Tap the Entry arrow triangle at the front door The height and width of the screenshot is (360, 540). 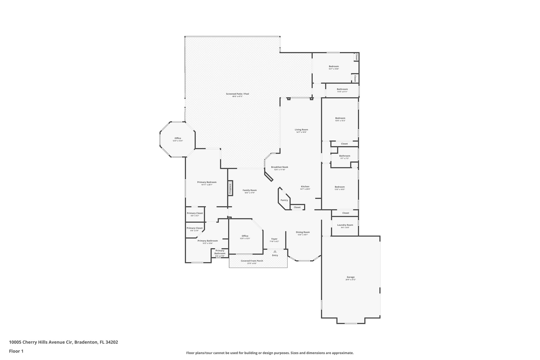click(275, 252)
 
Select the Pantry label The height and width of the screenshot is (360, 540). click(284, 200)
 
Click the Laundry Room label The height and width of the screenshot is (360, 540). click(345, 225)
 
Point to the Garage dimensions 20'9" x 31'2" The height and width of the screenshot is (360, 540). click(350, 280)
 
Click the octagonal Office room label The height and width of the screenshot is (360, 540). click(178, 138)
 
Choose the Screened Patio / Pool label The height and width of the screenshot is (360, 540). click(237, 94)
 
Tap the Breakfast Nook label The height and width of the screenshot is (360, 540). click(279, 167)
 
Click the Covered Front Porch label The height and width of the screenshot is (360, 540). click(252, 261)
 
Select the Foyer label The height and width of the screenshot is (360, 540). click(274, 239)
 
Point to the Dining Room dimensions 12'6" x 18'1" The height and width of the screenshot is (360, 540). click(302, 235)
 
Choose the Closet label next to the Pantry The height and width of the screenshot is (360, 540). click(297, 207)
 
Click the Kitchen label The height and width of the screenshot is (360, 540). click(305, 186)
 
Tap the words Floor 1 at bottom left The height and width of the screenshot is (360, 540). click(16, 351)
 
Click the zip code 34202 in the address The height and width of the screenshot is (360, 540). click(112, 342)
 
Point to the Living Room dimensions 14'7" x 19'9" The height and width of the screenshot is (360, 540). click(301, 132)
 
